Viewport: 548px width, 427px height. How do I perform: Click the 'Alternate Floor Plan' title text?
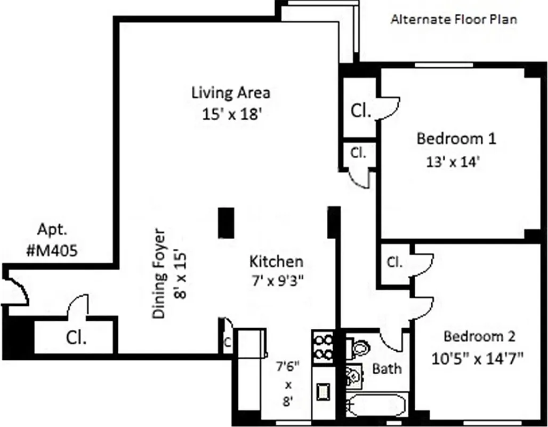coord(454,20)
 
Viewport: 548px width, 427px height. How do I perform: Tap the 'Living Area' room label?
coord(231,92)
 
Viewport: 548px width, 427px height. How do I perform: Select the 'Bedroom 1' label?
coord(456,139)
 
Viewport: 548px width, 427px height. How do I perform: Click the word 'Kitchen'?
coord(277,262)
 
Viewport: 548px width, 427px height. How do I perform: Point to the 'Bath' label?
coord(387,368)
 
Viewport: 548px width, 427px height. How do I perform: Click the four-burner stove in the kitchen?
coord(323,347)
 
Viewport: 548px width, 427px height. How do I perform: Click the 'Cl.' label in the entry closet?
coord(77,337)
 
